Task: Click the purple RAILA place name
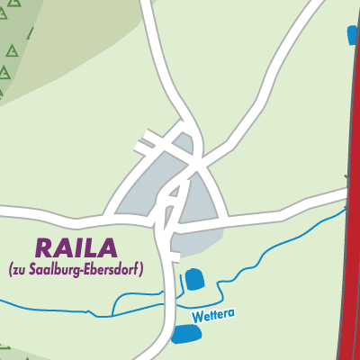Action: tap(77, 246)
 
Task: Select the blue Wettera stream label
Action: tap(211, 317)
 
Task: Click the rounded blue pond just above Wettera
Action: tap(195, 279)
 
